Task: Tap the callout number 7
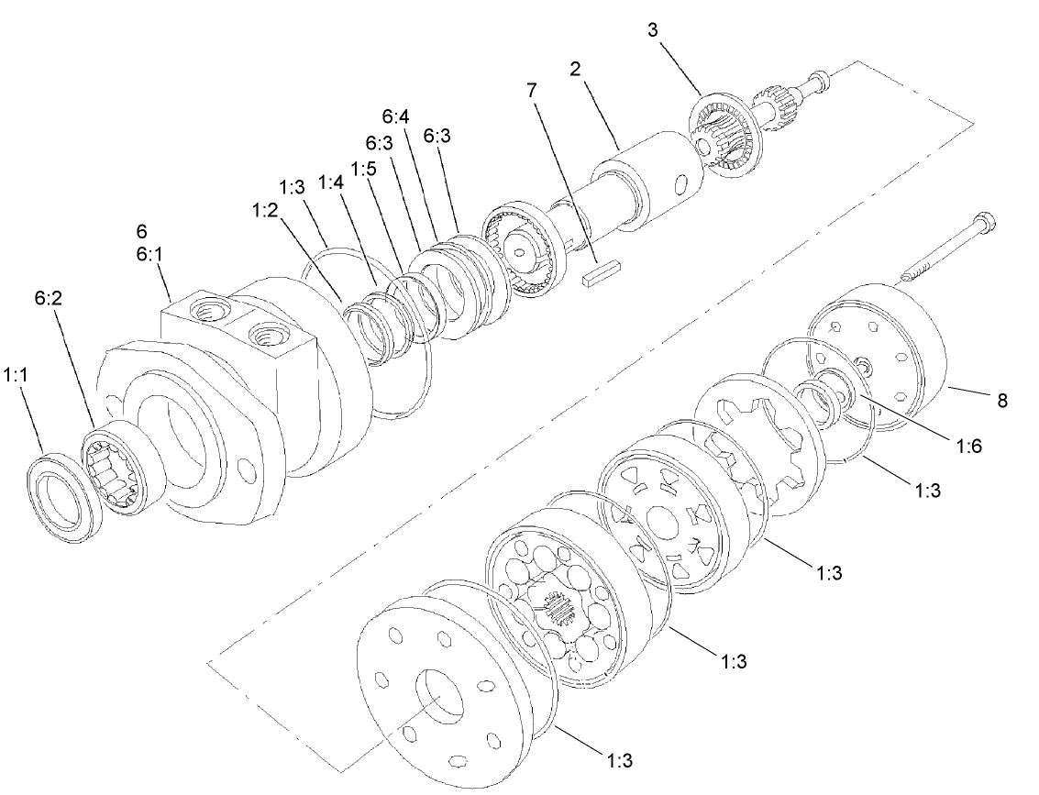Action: pos(532,90)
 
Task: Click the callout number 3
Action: pos(653,29)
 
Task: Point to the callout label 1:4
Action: pos(331,182)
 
